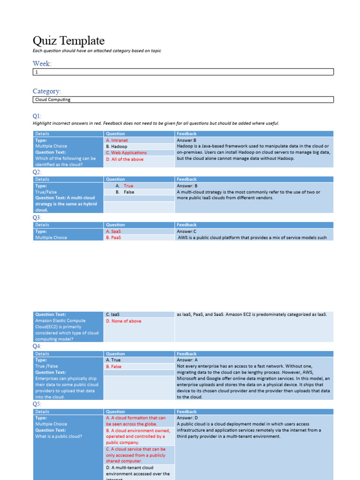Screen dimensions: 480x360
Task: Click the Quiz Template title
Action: coord(68,41)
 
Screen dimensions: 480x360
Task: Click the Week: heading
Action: coord(42,63)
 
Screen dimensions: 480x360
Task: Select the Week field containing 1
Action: coord(183,72)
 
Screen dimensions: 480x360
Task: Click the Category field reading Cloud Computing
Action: coord(183,99)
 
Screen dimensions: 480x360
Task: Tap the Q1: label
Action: coord(37,116)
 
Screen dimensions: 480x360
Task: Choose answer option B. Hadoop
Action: coord(116,146)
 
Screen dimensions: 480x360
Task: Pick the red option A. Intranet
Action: coord(117,140)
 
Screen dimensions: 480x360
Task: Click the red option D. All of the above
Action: coord(125,159)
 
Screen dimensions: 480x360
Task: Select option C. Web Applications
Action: coord(126,153)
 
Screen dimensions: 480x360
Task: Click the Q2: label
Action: coord(37,172)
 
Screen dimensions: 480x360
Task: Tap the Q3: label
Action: coord(37,218)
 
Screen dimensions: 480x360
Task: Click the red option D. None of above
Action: coord(123,321)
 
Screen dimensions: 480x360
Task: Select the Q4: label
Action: coord(37,346)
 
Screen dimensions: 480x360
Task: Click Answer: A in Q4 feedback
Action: coord(187,360)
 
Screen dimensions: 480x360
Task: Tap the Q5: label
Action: coord(37,404)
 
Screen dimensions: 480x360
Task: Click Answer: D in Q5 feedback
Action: coord(187,418)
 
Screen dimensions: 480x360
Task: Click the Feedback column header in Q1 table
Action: coord(187,134)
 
